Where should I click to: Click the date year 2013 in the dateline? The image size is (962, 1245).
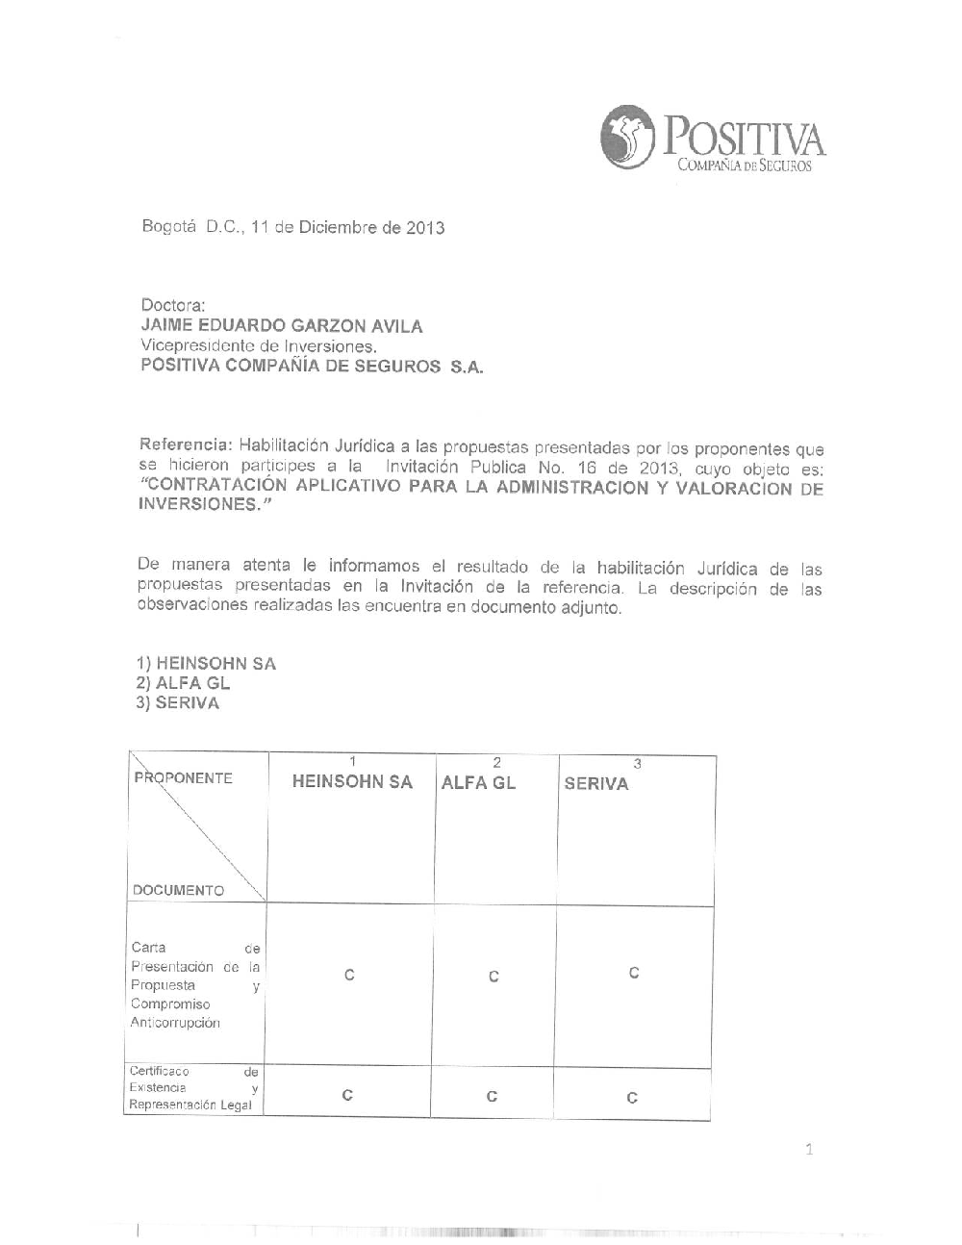pos(424,229)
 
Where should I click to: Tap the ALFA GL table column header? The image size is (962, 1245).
pos(478,783)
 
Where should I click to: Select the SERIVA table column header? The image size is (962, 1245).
pos(596,784)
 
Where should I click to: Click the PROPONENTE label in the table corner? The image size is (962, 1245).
pos(184,778)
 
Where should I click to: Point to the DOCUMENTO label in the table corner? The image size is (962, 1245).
pos(178,891)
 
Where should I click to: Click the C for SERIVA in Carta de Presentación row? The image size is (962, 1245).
pos(634,973)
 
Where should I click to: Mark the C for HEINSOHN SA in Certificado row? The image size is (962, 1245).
pos(347,1095)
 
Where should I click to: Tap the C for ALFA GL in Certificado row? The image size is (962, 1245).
pos(492,1097)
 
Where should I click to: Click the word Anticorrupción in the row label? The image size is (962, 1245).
pos(175,1023)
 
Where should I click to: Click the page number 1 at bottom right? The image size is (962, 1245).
pos(809,1149)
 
